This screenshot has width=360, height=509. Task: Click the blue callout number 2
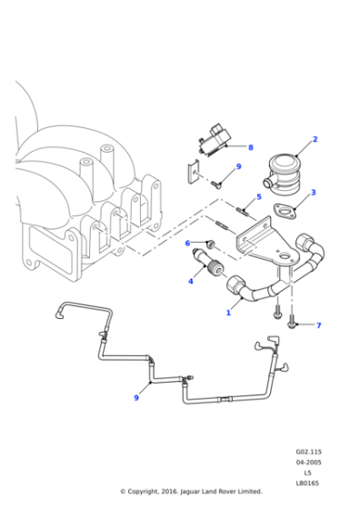315,139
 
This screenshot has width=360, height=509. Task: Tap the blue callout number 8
251,147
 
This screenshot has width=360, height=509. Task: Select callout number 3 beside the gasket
313,193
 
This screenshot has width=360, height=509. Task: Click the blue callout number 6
187,243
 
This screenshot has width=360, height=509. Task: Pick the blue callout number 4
190,282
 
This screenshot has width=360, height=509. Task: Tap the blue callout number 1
228,313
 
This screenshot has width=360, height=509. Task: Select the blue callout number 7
318,324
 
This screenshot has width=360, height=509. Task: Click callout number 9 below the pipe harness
136,396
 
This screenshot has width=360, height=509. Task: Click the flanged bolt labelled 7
293,321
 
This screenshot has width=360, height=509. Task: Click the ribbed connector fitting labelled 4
210,268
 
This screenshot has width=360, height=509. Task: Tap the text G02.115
308,452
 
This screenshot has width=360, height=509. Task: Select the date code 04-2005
308,463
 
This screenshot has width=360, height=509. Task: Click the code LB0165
308,483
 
